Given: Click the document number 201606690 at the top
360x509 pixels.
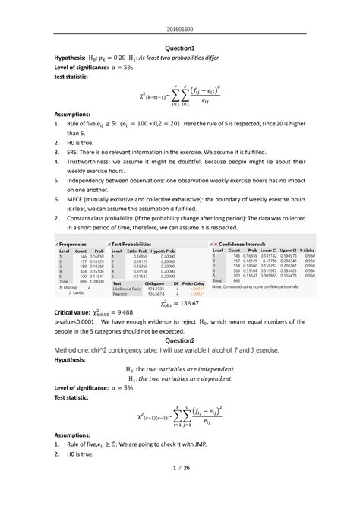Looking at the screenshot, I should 180,10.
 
